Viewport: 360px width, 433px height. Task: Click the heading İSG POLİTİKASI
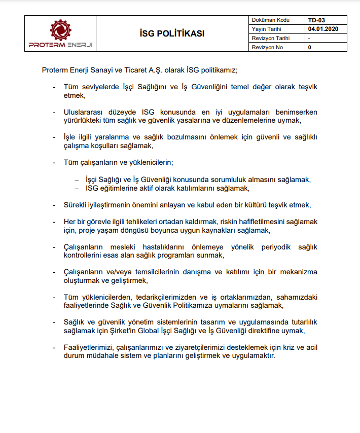coord(172,33)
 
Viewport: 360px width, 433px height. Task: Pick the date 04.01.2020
coord(322,29)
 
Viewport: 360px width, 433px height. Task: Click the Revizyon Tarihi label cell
coord(270,38)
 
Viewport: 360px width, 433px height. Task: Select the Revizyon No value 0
coord(309,47)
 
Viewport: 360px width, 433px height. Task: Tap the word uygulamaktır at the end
coord(251,356)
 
